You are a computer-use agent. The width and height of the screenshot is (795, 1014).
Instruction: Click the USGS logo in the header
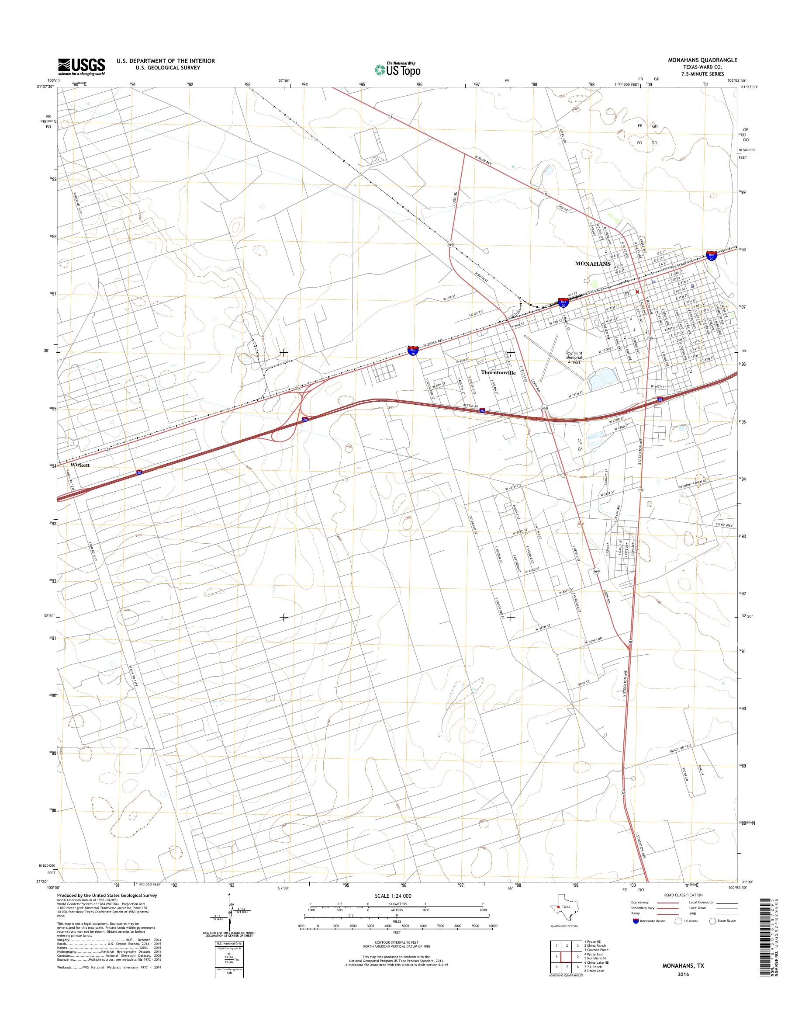81,66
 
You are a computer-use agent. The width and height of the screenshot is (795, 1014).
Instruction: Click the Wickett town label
80,465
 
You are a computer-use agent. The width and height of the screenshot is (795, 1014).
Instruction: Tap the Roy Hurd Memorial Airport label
574,357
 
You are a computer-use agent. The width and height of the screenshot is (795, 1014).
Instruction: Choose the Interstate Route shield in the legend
636,921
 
